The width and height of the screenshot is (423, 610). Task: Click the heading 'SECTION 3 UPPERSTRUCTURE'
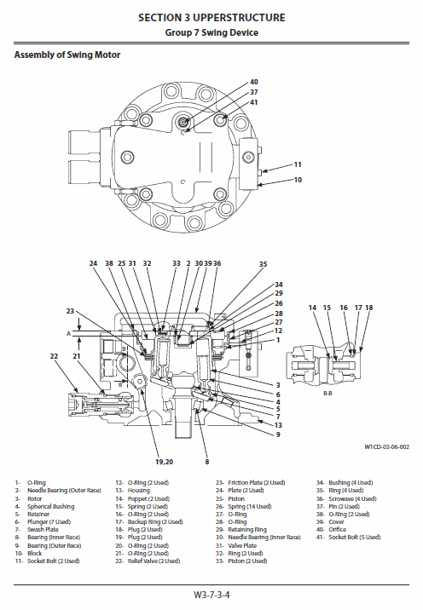211,17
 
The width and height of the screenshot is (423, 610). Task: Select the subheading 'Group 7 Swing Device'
211,32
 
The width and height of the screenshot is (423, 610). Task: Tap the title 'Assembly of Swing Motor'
67,55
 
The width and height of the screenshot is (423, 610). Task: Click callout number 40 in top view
253,82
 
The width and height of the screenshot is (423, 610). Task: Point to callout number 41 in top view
253,102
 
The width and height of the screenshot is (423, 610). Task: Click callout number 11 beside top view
298,164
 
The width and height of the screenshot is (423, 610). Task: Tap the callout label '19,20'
164,461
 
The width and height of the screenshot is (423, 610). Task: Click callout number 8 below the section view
206,461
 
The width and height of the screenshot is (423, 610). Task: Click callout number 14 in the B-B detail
313,307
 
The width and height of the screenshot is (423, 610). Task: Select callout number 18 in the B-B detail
369,307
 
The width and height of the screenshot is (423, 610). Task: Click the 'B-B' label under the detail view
327,394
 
